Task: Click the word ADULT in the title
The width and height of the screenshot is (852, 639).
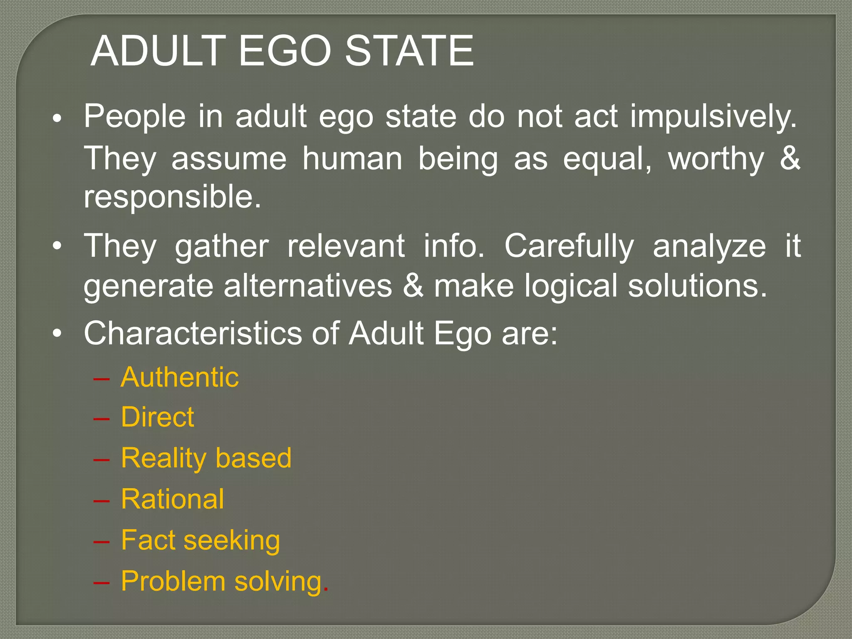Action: (158, 51)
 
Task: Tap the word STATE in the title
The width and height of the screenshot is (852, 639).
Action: (409, 51)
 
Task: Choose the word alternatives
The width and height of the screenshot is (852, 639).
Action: (308, 286)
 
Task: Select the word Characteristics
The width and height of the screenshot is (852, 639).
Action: (193, 333)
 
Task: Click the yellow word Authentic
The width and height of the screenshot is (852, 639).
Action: (180, 377)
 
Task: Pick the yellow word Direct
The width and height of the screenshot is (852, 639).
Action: (157, 417)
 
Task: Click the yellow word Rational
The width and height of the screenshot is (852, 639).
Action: (172, 499)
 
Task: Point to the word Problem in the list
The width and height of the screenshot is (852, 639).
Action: (173, 581)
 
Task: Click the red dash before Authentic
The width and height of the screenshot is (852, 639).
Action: (102, 379)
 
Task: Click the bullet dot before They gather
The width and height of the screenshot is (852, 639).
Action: (57, 246)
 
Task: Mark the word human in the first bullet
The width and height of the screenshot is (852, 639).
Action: (352, 159)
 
